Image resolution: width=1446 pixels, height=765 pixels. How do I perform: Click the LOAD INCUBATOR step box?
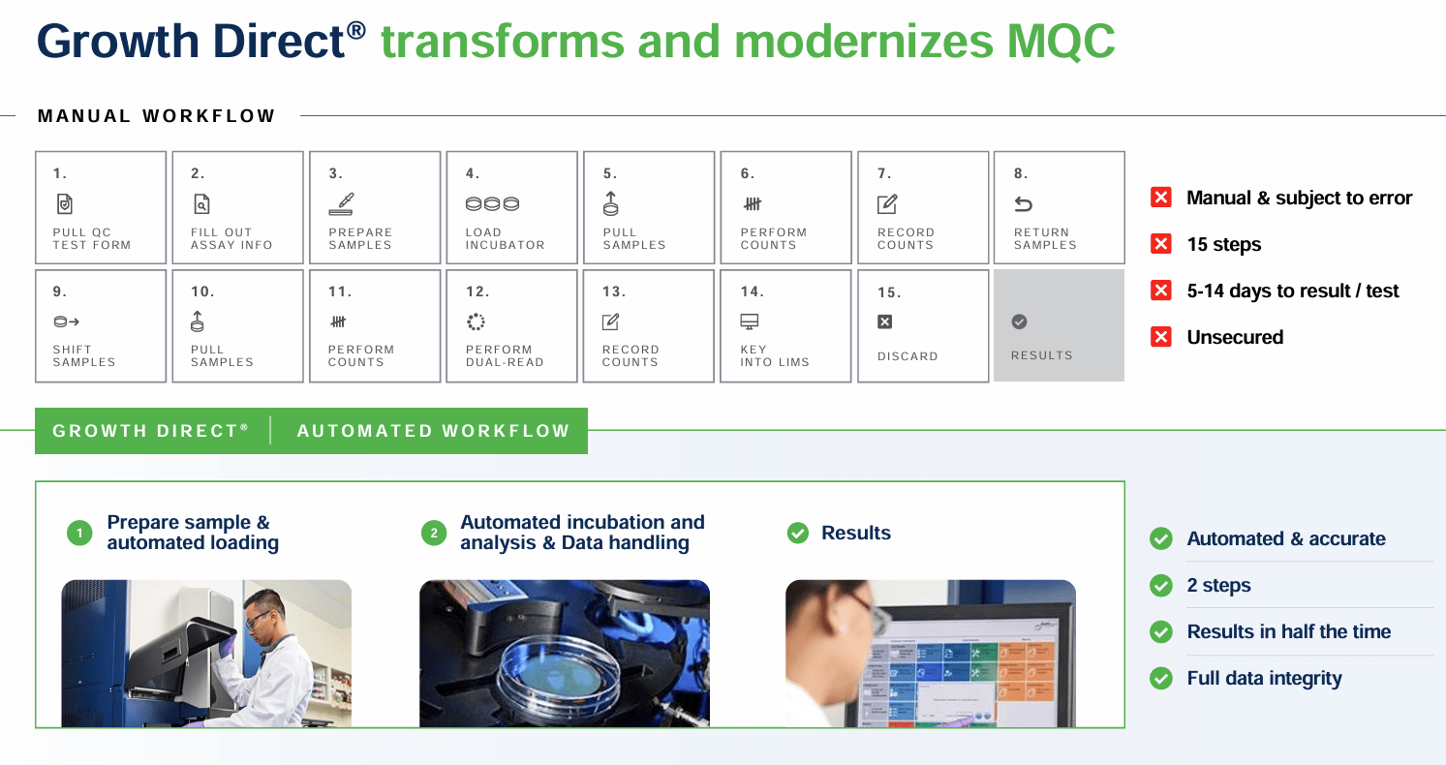511,207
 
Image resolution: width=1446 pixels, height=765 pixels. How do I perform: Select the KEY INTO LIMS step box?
785,325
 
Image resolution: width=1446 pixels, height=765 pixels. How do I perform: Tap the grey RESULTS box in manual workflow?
1059,325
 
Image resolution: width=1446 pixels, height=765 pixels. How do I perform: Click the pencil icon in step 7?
886,204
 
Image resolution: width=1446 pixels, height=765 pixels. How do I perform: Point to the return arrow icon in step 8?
1023,204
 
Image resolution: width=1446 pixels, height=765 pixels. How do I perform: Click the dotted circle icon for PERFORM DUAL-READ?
475,321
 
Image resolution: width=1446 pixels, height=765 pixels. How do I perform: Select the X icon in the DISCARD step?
885,321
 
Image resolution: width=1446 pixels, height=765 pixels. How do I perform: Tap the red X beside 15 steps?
1160,244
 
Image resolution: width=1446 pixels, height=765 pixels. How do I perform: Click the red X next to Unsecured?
1160,337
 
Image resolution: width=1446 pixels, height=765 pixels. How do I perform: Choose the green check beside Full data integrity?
1160,678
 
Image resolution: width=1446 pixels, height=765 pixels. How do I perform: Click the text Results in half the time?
1288,631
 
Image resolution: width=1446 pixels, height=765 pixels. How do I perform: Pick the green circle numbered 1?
79,533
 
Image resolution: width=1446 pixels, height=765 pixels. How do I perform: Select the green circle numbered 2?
433,533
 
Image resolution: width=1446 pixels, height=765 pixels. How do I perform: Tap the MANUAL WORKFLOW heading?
156,116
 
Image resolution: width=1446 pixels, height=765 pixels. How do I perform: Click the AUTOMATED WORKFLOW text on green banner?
433,431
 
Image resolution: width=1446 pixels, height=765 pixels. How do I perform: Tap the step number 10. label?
202,291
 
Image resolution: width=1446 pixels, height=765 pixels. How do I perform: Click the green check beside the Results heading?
797,533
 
